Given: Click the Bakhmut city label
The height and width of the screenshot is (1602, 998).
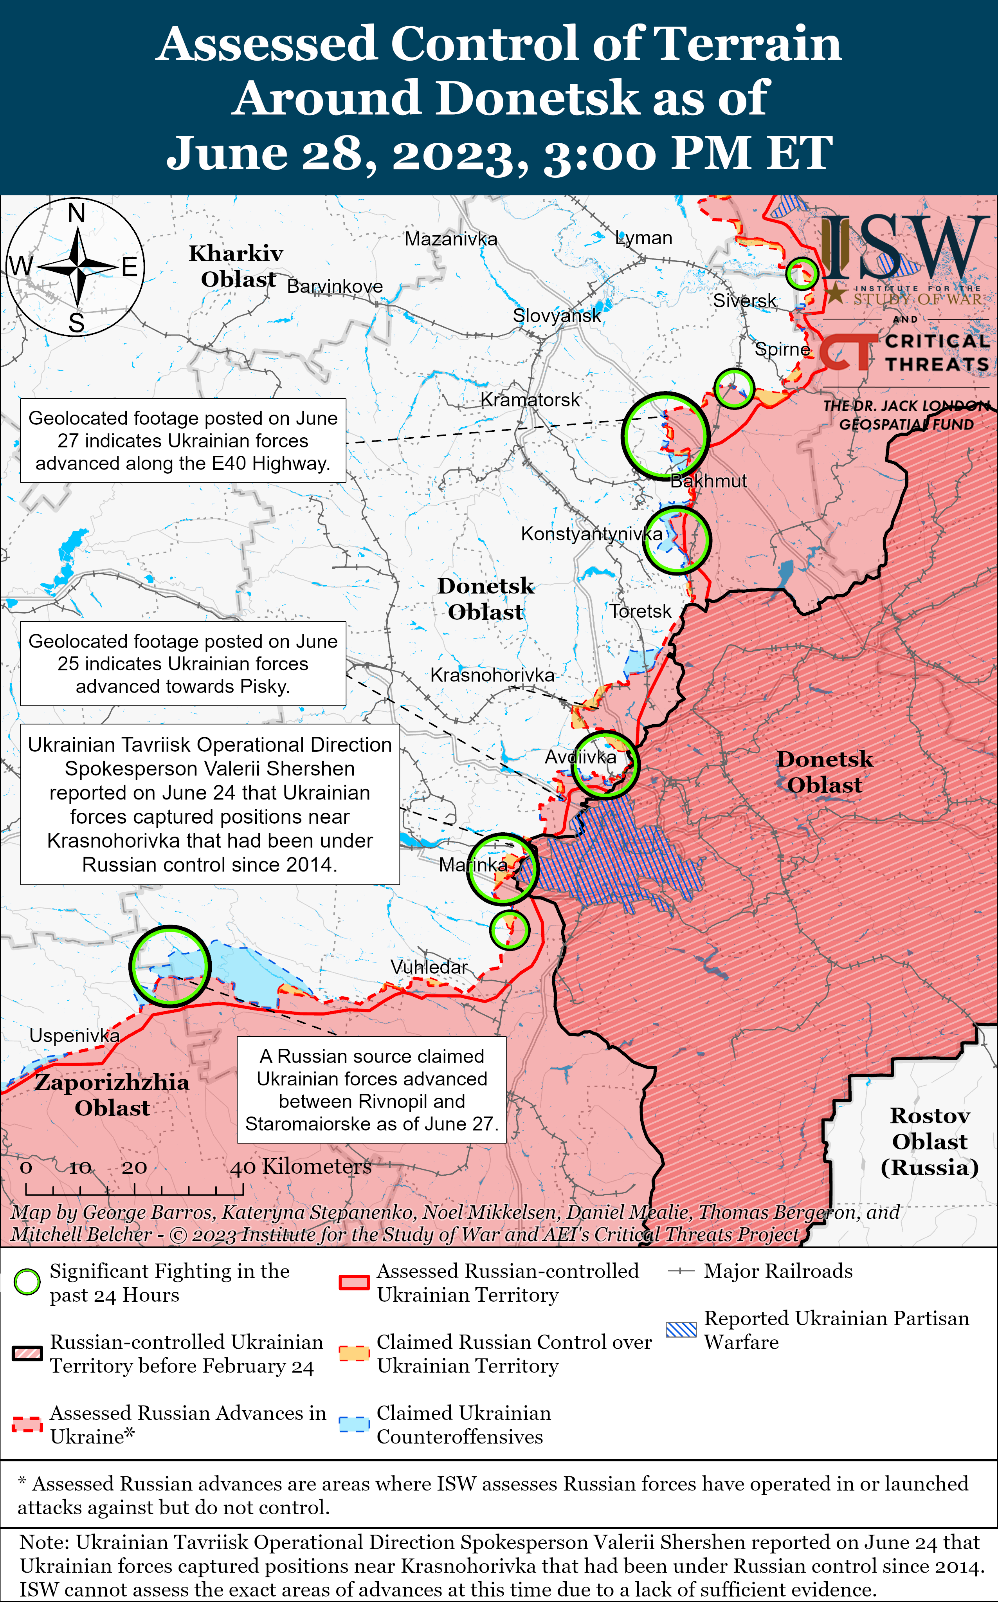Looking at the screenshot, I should click(x=708, y=481).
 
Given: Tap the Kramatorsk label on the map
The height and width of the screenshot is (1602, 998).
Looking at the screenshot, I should click(x=530, y=400).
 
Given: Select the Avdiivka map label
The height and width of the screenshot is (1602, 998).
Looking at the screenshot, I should click(x=580, y=757).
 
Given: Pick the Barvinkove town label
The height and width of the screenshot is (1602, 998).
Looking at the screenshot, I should click(x=335, y=287).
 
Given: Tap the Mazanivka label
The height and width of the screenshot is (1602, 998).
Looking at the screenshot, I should click(x=451, y=239).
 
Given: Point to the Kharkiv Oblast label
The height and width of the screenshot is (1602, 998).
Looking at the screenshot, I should click(x=236, y=266).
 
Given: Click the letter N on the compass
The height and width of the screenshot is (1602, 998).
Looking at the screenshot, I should click(x=77, y=214).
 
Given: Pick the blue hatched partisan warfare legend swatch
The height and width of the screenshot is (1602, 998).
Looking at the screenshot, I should click(x=681, y=1330).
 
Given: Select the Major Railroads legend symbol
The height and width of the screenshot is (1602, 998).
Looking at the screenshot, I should click(x=681, y=1271).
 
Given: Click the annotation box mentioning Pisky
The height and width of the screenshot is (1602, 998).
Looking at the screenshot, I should click(x=183, y=663).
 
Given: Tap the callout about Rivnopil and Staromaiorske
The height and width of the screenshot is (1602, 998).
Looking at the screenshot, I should click(x=372, y=1090).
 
